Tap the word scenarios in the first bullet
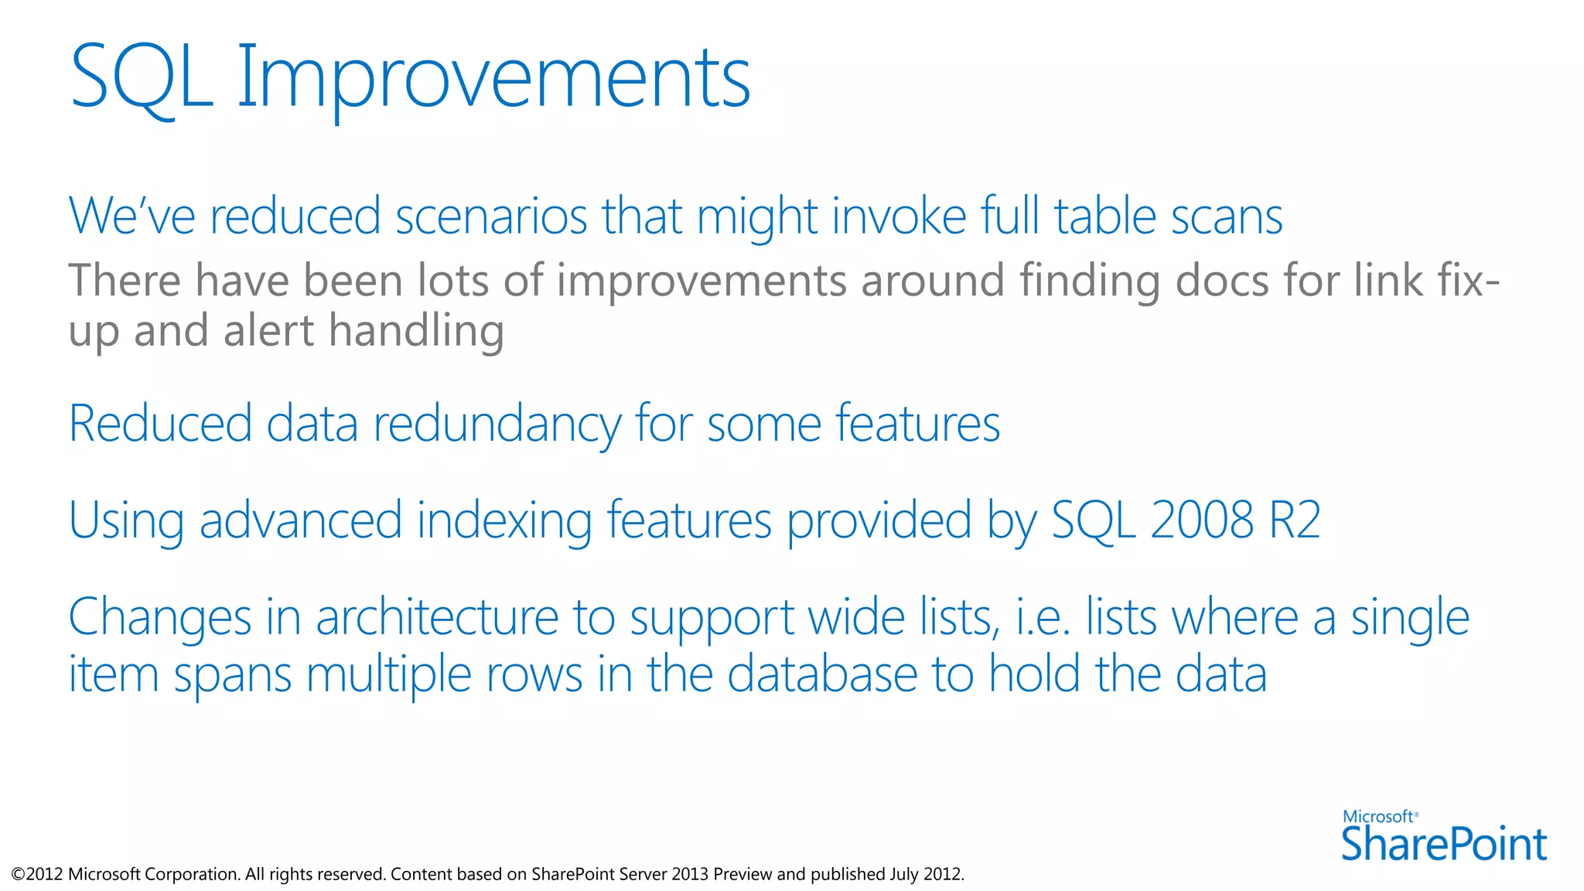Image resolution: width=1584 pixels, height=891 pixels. point(491,217)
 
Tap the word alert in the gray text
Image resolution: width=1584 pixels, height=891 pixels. point(268,331)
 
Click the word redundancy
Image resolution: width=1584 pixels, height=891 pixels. point(497,424)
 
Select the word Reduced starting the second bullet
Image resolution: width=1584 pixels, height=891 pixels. point(160,424)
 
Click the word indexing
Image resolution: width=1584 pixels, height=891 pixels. point(504,521)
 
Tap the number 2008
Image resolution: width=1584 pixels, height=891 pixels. point(1201,521)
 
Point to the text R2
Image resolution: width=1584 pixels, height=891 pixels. point(1295,521)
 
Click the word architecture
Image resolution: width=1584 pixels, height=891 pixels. point(437,618)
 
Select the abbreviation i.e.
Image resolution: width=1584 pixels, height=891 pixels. point(1043,618)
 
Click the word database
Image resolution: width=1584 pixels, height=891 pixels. point(822,674)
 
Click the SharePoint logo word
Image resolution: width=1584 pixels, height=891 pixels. point(1443,845)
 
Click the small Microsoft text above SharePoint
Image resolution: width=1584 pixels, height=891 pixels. point(1379,817)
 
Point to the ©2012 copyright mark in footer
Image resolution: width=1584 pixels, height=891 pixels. point(36,875)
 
